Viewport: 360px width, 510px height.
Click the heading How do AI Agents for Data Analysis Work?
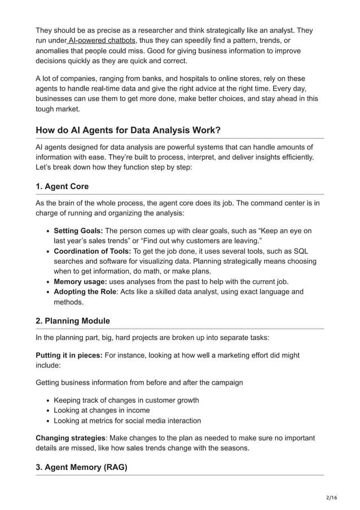tap(128, 130)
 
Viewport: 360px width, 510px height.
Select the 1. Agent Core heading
tap(62, 186)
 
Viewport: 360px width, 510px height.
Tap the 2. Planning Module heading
tap(73, 321)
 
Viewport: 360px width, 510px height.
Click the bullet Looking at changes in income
tap(102, 410)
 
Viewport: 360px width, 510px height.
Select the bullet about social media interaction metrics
tap(127, 420)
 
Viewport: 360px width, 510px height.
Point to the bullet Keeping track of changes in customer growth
tap(126, 400)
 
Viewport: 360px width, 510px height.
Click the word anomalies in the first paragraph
tap(54, 51)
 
